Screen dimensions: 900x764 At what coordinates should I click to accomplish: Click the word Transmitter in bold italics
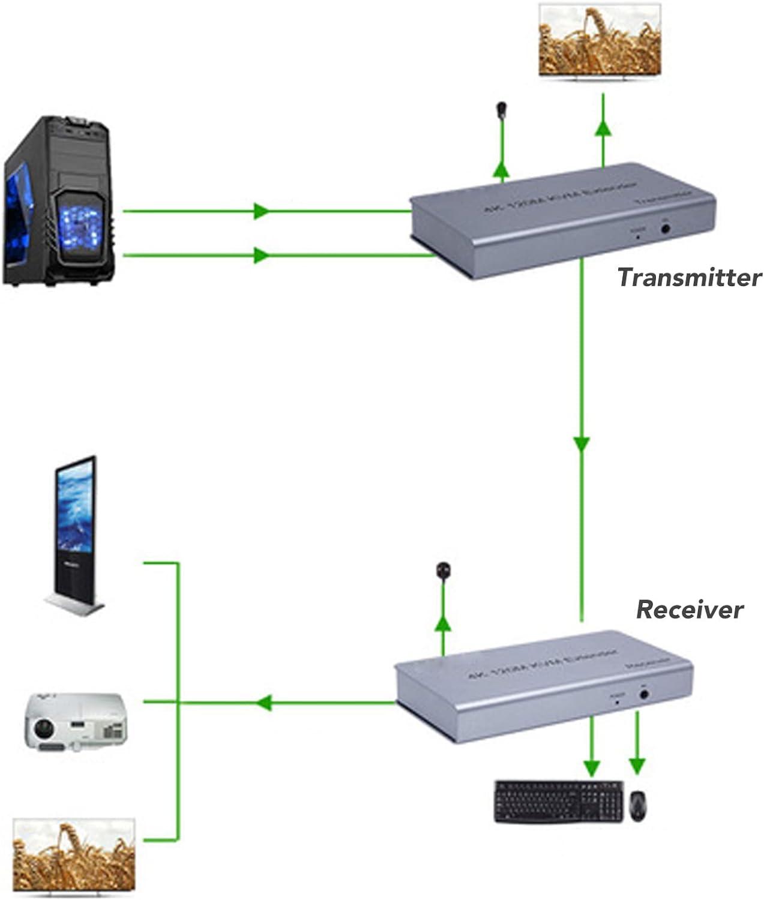pyautogui.click(x=689, y=277)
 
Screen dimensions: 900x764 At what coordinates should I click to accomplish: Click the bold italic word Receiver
pyautogui.click(x=689, y=610)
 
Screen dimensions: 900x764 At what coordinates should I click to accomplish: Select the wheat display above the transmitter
pyautogui.click(x=600, y=41)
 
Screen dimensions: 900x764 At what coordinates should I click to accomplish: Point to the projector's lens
pyautogui.click(x=43, y=730)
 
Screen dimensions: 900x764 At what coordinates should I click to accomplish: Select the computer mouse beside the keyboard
pyautogui.click(x=638, y=805)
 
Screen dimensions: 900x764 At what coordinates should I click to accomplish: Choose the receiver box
pyautogui.click(x=543, y=684)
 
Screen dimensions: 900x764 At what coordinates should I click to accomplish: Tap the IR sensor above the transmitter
pyautogui.click(x=501, y=110)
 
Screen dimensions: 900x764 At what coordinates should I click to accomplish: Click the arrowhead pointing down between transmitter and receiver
pyautogui.click(x=581, y=444)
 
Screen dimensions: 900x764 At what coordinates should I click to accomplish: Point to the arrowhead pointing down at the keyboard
pyautogui.click(x=592, y=767)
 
